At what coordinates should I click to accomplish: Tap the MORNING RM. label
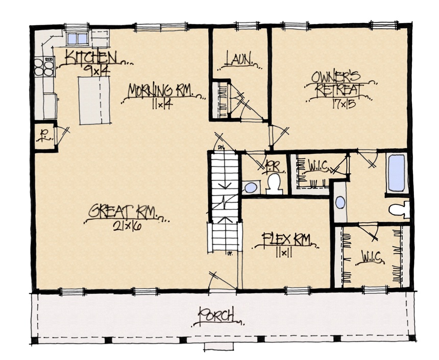coord(159,91)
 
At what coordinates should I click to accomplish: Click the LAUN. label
coord(239,60)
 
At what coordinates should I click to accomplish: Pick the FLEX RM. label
coord(286,239)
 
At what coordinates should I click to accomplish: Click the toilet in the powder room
coord(275,183)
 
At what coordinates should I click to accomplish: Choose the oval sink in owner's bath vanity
coord(340,202)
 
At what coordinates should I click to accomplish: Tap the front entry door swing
coord(218,280)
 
